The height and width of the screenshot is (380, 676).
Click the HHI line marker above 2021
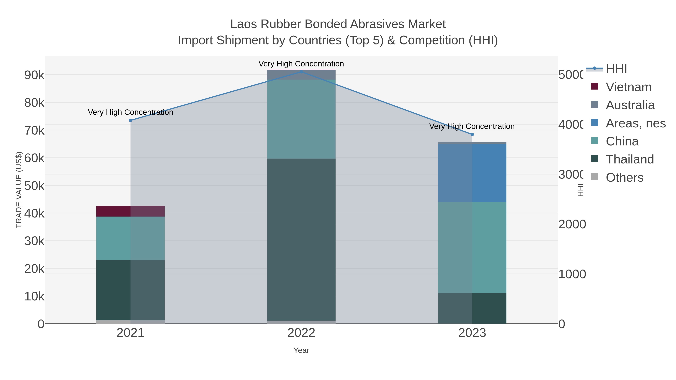131,120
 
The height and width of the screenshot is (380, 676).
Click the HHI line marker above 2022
301,72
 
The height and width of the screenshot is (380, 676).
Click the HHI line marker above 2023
472,135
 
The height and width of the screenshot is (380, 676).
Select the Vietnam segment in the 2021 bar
131,211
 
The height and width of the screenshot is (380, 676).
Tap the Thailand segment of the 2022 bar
301,239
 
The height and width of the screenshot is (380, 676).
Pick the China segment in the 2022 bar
301,119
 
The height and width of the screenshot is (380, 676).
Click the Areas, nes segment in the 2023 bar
472,173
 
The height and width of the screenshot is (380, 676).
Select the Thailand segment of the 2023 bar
472,308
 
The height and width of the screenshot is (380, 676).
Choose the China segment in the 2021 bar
131,238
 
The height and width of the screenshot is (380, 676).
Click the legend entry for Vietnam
628,87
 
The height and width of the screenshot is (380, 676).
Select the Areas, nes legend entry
635,123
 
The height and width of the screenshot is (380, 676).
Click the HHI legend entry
616,69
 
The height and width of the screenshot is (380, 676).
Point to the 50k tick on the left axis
34,186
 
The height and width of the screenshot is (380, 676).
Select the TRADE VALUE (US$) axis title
19,190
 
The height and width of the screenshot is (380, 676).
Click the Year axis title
301,350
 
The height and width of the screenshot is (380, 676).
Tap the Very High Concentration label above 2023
472,126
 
